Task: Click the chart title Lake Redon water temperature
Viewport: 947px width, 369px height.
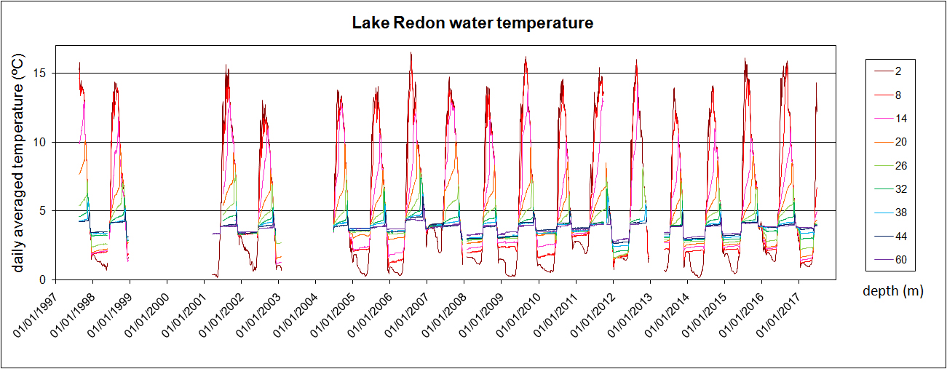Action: pos(473,23)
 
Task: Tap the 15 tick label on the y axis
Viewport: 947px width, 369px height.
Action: pos(41,74)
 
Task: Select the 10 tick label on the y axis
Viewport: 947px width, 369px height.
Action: pos(41,142)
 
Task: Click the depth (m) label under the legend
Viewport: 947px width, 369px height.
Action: pos(892,292)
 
